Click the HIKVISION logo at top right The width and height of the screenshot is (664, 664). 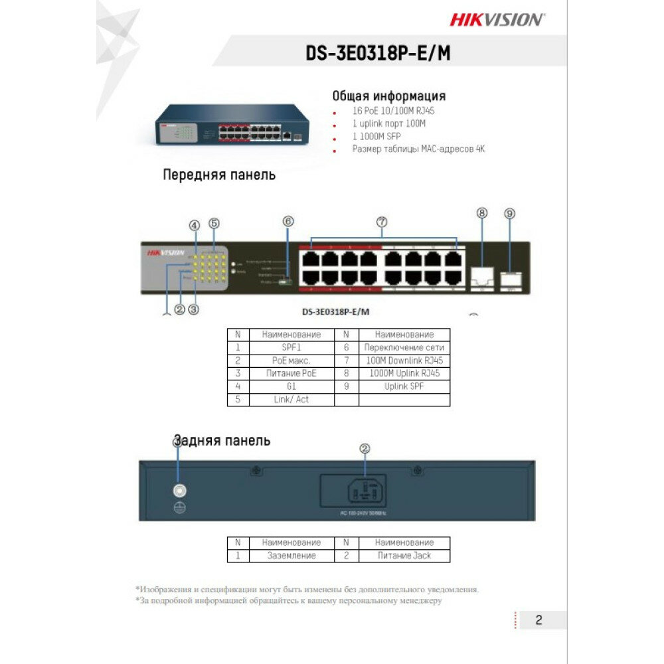pos(497,19)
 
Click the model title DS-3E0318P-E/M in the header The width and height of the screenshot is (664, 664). pos(378,53)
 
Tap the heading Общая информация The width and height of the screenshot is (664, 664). pos(388,96)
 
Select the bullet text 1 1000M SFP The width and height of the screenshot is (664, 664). pos(376,136)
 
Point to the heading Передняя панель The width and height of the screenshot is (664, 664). pos(219,175)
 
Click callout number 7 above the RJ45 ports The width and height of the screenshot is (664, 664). pos(382,222)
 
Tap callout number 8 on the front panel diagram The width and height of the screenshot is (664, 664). pos(482,213)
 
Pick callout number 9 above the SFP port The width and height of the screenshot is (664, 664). pos(509,213)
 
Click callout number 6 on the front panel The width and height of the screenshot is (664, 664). pos(288,222)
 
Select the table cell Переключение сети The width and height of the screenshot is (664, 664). pos(404,348)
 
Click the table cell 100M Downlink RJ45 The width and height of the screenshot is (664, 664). pos(404,361)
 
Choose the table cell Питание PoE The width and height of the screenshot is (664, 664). pos(291,373)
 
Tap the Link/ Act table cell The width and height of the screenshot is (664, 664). pos(291,399)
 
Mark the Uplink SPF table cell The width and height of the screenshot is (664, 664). pos(404,386)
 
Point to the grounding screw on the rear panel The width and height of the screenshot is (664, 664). pos(179,491)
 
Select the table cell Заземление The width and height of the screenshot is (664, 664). pos(291,556)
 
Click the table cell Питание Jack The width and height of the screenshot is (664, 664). pos(404,556)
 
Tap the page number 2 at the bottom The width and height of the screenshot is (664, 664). pos(539,620)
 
